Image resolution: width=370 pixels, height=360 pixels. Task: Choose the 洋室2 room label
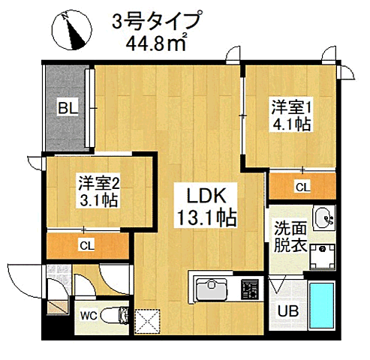pos(98,181)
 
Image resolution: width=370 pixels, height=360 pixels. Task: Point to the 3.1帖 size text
pos(98,200)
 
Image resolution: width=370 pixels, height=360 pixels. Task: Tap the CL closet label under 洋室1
pos(301,187)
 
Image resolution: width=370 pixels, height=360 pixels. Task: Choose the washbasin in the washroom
pos(325,217)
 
